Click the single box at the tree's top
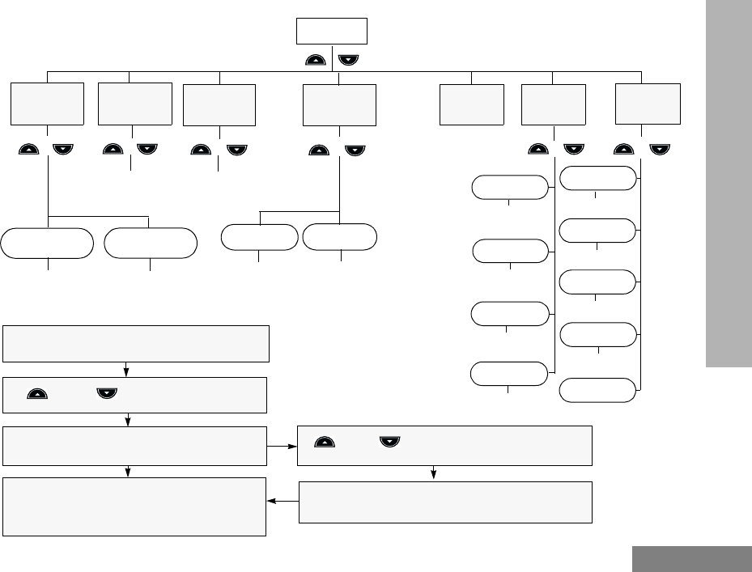332,31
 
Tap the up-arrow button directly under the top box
317,59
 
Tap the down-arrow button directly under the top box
350,59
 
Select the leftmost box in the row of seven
48,103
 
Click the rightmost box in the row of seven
648,102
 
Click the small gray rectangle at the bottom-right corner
691,559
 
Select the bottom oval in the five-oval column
597,390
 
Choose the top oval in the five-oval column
597,178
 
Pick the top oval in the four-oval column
509,188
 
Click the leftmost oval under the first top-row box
47,243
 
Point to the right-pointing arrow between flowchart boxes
283,446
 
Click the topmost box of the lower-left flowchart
135,344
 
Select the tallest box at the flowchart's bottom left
135,506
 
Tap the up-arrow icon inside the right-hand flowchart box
324,443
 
